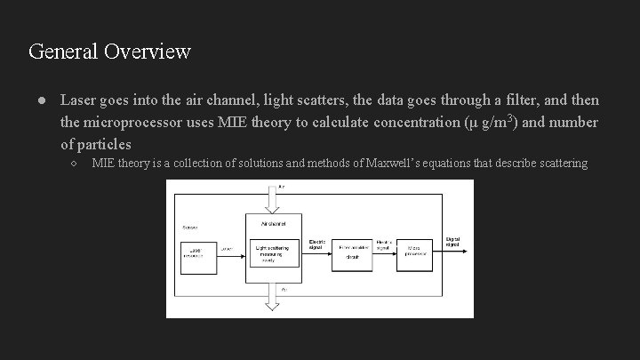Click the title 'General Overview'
coord(109,51)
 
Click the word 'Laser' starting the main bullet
coord(78,100)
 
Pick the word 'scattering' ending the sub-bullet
coord(558,164)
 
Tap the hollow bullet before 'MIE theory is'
coord(75,164)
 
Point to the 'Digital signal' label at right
coord(453,240)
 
